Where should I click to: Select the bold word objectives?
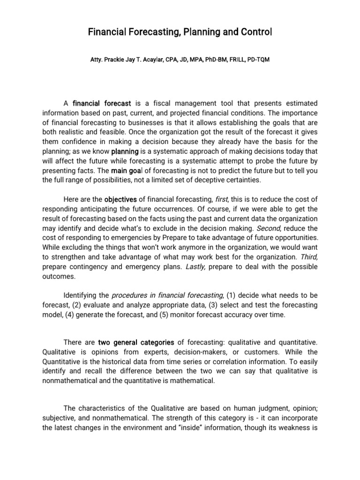tap(120, 198)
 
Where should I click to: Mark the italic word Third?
tap(308, 257)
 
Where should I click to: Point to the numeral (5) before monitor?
tap(176, 315)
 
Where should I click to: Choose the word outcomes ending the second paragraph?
tap(58, 277)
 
